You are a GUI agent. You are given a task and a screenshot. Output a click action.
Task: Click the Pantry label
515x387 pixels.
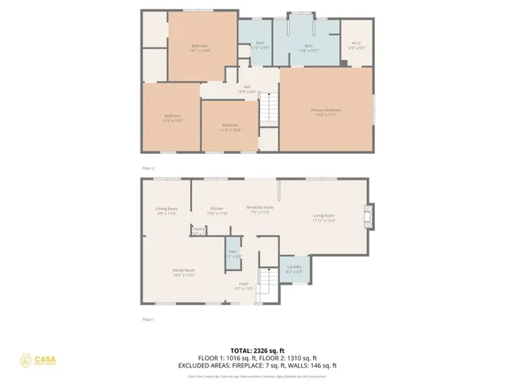[198, 231]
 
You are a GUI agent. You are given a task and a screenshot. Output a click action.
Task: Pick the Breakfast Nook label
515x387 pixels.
[259, 210]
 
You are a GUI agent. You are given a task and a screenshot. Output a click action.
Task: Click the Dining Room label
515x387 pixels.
[167, 210]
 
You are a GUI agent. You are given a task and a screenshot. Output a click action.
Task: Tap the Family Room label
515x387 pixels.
[183, 272]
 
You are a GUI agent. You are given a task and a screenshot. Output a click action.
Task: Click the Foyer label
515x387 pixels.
[243, 285]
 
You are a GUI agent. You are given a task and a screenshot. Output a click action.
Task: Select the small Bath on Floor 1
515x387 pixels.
[232, 254]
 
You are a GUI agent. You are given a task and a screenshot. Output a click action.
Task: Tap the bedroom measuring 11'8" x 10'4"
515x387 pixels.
[230, 127]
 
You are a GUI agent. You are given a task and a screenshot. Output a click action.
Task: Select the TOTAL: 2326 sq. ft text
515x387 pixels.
[257, 350]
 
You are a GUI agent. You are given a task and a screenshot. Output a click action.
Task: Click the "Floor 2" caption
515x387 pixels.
[148, 168]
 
